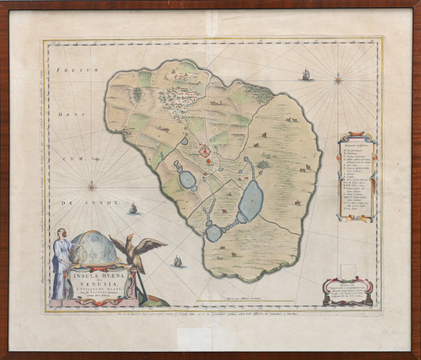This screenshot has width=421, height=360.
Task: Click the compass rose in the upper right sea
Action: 338,78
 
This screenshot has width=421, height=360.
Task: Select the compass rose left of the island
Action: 92,186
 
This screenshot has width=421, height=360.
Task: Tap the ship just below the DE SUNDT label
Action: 133,210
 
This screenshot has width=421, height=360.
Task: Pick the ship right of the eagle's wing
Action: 178,261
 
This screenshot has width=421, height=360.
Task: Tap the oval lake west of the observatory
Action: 189,179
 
